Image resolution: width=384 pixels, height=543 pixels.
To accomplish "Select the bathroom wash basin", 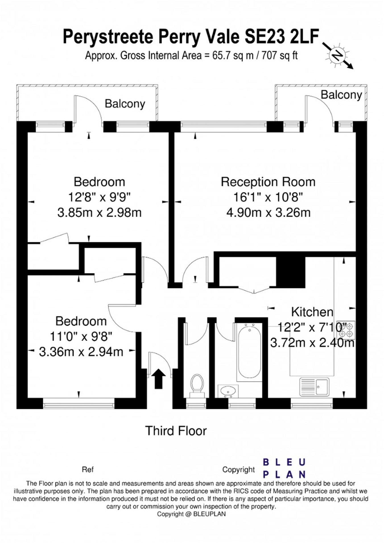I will [x=228, y=391].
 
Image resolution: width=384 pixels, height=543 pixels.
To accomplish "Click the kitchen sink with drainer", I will [x=314, y=387].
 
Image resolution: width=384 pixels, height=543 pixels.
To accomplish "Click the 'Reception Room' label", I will [x=268, y=182].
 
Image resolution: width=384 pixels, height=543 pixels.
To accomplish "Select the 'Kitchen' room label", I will [x=312, y=312].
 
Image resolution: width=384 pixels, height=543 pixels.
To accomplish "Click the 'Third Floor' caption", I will [x=176, y=431].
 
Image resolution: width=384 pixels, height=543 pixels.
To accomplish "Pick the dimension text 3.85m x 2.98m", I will [x=99, y=212].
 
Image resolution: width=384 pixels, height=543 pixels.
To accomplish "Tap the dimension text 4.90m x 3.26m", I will [x=268, y=212].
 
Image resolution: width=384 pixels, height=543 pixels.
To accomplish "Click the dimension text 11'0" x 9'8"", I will [x=81, y=337].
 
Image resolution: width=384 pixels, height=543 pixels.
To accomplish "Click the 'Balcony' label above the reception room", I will [x=341, y=95].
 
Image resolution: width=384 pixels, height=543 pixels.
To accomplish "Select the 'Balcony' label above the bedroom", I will [x=125, y=104].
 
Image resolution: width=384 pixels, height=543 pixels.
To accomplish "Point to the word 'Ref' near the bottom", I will [x=88, y=469].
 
